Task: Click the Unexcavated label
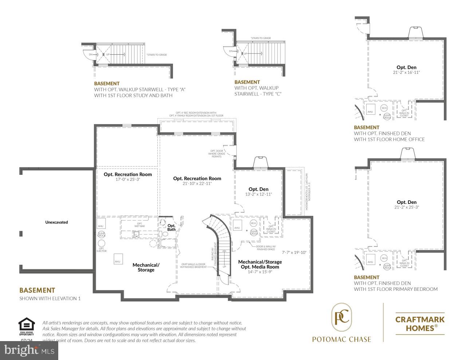click(x=56, y=222)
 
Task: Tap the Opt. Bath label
click(x=171, y=228)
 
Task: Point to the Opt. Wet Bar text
click(x=139, y=225)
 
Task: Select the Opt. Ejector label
click(x=102, y=250)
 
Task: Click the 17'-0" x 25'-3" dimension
click(x=128, y=179)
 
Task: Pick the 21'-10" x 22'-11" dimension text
click(x=197, y=183)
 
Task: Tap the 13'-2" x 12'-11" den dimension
click(x=258, y=194)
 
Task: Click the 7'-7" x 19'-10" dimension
click(x=295, y=252)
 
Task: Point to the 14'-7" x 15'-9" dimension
click(x=260, y=272)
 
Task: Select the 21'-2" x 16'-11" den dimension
click(x=406, y=72)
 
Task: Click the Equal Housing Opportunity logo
click(x=27, y=327)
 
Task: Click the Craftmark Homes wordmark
click(x=420, y=324)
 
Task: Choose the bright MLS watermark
click(x=29, y=351)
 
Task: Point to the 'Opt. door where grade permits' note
click(x=217, y=154)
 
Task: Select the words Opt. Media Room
click(x=260, y=267)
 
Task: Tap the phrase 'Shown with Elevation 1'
click(x=50, y=298)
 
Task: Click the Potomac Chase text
click(x=341, y=339)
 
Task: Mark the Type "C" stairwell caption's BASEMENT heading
click(x=247, y=82)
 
